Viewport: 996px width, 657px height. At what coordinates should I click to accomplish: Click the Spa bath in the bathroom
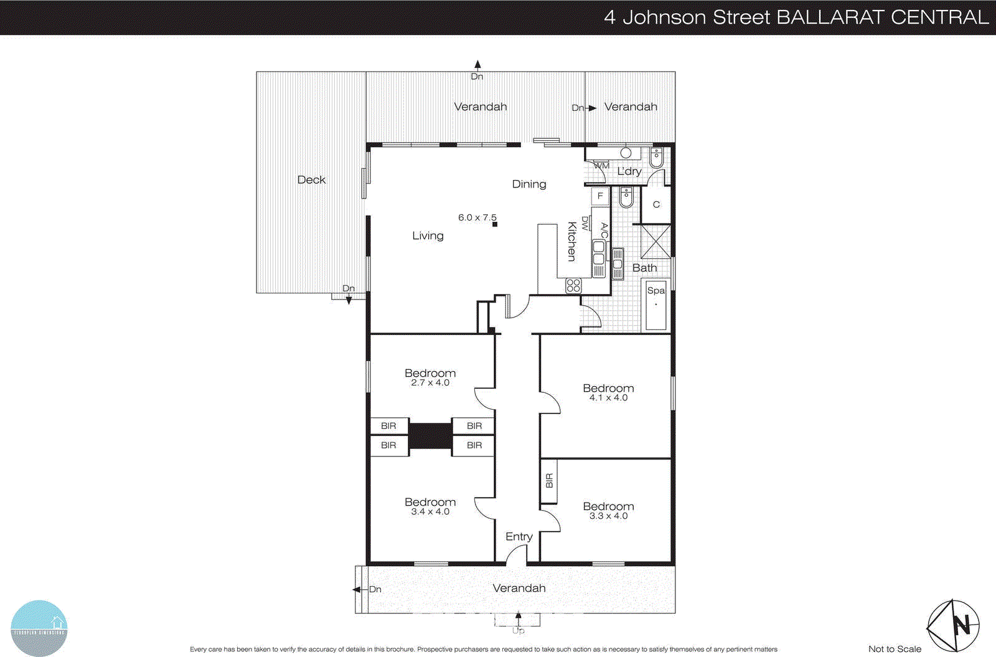tap(655, 305)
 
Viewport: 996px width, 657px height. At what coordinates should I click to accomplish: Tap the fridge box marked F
tap(600, 196)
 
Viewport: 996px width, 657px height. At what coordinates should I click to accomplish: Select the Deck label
tap(311, 180)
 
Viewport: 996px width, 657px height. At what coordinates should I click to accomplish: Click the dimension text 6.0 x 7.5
tap(477, 217)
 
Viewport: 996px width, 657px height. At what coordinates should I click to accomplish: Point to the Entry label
tap(519, 536)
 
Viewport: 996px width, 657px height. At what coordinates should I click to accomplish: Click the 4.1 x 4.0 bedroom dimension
tap(608, 398)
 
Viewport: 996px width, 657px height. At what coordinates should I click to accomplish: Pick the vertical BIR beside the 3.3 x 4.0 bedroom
tap(548, 481)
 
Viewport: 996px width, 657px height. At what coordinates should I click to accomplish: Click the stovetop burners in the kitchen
tap(573, 286)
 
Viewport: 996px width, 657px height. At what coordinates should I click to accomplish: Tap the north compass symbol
tap(953, 625)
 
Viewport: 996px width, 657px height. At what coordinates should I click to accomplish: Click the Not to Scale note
tap(895, 649)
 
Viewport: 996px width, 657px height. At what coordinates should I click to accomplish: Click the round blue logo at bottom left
tap(39, 628)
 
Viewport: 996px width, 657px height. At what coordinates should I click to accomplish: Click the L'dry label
tap(629, 171)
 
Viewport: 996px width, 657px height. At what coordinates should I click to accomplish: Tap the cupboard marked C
tap(656, 205)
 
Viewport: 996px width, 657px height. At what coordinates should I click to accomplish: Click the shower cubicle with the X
tap(655, 242)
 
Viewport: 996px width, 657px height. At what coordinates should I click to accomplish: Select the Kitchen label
tap(571, 241)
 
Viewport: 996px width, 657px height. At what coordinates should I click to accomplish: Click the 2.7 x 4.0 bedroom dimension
tap(430, 383)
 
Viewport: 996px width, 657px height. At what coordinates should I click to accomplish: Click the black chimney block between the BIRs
tap(430, 435)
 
